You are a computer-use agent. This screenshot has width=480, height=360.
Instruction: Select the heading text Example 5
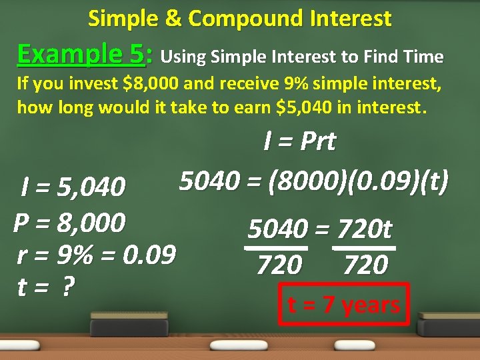pyautogui.click(x=80, y=53)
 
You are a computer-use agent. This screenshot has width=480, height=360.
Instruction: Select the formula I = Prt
pyautogui.click(x=299, y=141)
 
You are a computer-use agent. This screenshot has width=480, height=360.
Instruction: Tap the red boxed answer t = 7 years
pyautogui.click(x=343, y=305)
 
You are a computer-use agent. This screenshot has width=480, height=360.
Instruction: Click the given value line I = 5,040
pyautogui.click(x=73, y=187)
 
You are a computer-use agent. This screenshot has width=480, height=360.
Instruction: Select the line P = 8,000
pyautogui.click(x=69, y=222)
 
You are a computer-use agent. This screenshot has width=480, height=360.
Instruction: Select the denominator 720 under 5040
pyautogui.click(x=279, y=265)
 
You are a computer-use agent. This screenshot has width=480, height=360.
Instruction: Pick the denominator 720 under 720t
pyautogui.click(x=365, y=265)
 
